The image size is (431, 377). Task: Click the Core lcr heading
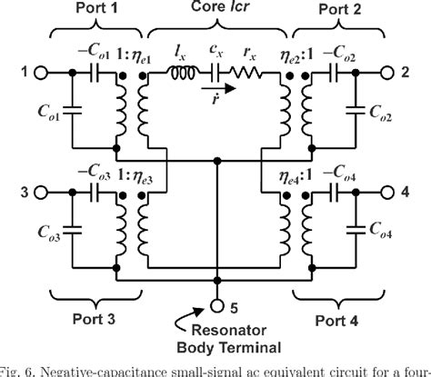(x=218, y=10)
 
